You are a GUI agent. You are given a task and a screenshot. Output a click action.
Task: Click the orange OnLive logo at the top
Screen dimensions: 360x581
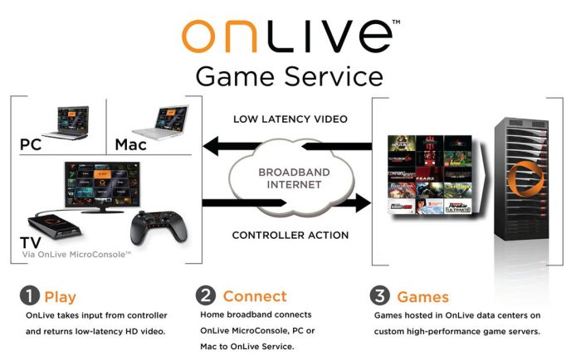pyautogui.click(x=288, y=36)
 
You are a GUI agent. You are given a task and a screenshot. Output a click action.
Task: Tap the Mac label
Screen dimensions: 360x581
pyautogui.click(x=131, y=144)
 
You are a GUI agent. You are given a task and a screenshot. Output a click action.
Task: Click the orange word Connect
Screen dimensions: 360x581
pyautogui.click(x=255, y=296)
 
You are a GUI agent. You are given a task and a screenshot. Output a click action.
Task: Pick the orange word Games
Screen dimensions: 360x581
pyautogui.click(x=422, y=296)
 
